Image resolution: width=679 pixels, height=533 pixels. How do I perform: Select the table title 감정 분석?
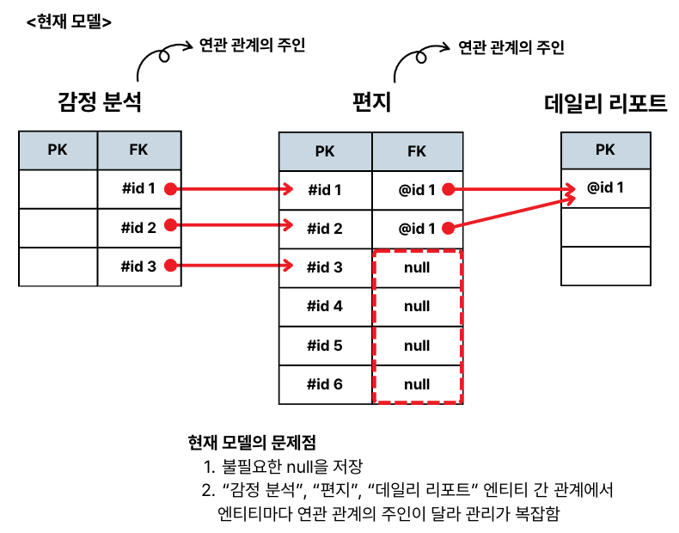coord(99,103)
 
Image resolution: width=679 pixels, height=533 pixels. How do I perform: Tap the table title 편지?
coord(371,103)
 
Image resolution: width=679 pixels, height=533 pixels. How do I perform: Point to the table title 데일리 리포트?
coord(606,103)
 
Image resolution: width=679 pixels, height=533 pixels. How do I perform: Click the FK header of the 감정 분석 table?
coord(138,150)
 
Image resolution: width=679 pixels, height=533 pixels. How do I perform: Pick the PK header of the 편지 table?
coord(325,151)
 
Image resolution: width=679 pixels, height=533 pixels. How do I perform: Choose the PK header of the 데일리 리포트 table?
coord(605,150)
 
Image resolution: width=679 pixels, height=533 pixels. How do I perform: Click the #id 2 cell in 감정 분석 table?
coord(138,228)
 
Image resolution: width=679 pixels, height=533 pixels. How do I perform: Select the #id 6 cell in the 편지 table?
coord(325,384)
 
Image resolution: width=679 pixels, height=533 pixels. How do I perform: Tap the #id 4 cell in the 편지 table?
coord(325,306)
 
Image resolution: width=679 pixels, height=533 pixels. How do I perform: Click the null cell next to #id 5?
coord(417,346)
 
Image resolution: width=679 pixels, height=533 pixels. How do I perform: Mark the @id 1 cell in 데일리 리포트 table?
coord(605,187)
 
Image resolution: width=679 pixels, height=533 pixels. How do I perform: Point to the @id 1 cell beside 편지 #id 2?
coord(417,228)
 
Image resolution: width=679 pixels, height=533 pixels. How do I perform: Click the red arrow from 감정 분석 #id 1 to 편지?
coord(232,189)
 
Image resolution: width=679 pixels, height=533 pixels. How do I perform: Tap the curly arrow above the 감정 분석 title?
coord(159,60)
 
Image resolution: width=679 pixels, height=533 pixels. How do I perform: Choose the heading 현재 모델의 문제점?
coord(252,444)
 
